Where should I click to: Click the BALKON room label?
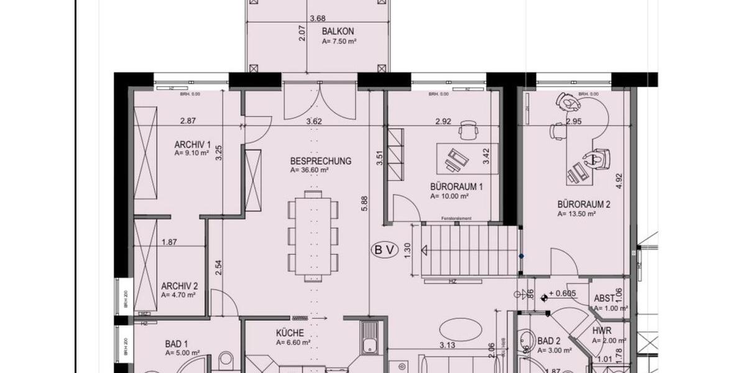point(338,30)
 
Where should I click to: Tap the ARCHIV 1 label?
point(193,144)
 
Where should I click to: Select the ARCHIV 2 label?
point(179,286)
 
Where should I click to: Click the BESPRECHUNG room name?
point(320,161)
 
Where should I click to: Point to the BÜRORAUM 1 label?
point(456,186)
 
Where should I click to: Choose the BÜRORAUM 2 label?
point(584,204)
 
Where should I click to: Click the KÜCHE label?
point(290,333)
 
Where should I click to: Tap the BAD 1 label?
point(176,343)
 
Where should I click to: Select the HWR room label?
point(602,331)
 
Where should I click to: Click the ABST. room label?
point(604,298)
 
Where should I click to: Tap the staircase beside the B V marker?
point(470,251)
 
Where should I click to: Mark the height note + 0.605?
point(563,293)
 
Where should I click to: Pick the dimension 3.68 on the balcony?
point(317,19)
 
